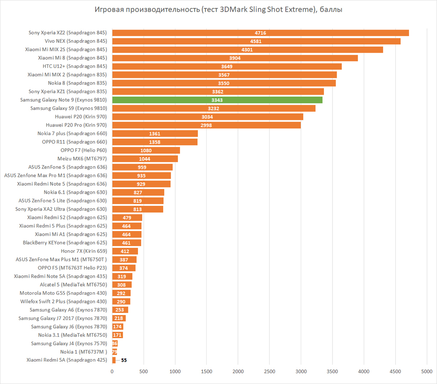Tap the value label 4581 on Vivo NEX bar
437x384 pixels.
click(x=256, y=41)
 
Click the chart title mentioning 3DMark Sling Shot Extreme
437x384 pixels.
click(x=218, y=10)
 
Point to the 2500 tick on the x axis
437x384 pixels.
click(x=270, y=372)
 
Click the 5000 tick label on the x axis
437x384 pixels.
click(x=427, y=372)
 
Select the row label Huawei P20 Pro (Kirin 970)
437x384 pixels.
click(x=76, y=125)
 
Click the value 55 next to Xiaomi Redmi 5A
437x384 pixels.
click(x=124, y=360)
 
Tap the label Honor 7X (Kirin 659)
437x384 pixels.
click(x=84, y=251)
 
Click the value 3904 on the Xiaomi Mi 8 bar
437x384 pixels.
click(x=235, y=58)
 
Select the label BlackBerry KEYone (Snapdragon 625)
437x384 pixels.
click(x=65, y=243)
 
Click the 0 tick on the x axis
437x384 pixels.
click(x=112, y=372)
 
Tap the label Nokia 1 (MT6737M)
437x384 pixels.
click(x=83, y=352)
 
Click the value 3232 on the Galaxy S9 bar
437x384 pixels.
click(x=213, y=108)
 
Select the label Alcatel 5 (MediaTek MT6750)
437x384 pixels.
click(x=73, y=285)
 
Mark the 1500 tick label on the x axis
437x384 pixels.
click(x=207, y=372)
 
